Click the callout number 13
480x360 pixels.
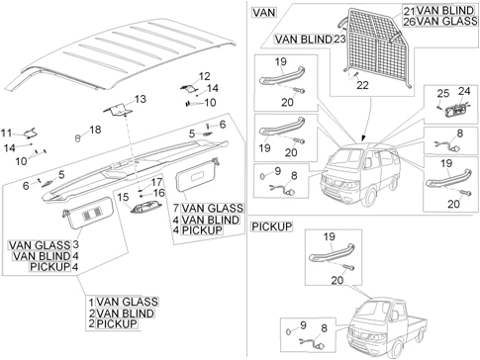click(141, 99)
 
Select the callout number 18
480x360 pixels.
click(95, 130)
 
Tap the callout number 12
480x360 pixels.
click(205, 76)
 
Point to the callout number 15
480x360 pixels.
click(123, 198)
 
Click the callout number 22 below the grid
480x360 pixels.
click(362, 85)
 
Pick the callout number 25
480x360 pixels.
click(443, 93)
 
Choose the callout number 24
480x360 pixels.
click(464, 91)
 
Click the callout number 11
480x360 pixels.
click(6, 134)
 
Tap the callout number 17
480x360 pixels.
click(156, 182)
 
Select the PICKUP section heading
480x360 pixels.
click(272, 226)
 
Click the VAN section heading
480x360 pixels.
click(264, 13)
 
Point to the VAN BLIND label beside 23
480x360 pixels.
click(304, 40)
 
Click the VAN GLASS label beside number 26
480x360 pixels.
click(446, 21)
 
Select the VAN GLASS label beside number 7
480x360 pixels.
click(213, 209)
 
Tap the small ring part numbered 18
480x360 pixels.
click(78, 138)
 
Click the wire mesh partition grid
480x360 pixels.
click(376, 45)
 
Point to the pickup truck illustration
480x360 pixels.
click(386, 328)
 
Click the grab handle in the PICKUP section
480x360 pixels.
click(332, 253)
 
